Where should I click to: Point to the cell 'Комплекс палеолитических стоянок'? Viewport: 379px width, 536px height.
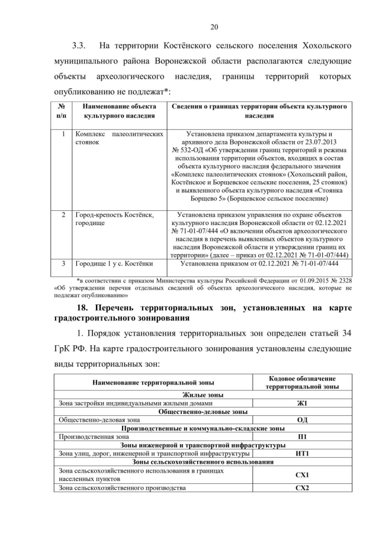coord(119,139)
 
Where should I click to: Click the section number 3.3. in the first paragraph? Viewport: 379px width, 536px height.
coord(80,45)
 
